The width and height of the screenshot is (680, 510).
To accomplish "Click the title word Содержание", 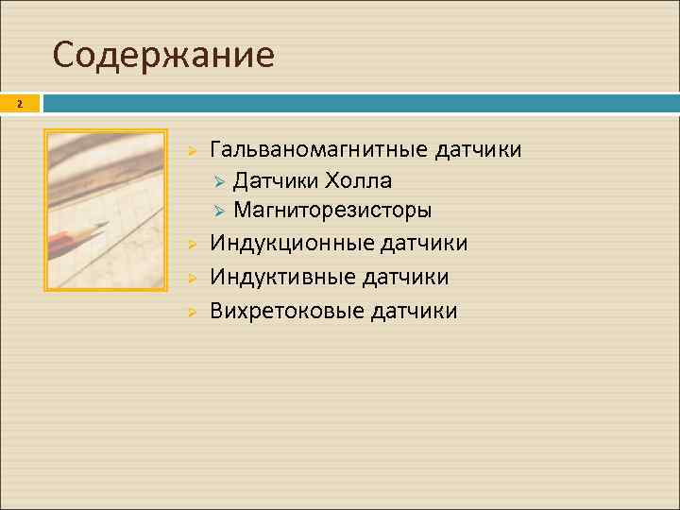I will tap(163, 56).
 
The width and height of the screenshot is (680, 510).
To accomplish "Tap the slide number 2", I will tap(18, 105).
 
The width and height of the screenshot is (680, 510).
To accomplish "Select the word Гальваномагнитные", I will tap(318, 150).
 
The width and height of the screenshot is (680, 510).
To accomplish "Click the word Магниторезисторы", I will tap(332, 210).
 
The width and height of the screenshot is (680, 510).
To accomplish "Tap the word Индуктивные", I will tap(282, 277).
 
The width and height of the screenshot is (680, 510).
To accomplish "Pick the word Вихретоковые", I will tap(287, 311).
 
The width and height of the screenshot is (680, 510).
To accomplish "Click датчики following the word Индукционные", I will tap(424, 244).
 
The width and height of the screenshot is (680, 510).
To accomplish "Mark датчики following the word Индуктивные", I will tap(406, 277).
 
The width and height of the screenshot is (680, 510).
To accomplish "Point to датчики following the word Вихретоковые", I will tap(415, 311).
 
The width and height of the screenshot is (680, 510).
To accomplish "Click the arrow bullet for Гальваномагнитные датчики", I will tap(190, 151).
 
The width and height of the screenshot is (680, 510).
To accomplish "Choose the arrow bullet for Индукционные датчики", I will tap(190, 245).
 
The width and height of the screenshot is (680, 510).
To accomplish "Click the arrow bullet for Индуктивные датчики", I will tap(190, 278).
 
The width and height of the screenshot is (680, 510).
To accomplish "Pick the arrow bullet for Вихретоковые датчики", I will tap(190, 312).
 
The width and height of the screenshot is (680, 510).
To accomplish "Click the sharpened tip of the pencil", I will tap(105, 225).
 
